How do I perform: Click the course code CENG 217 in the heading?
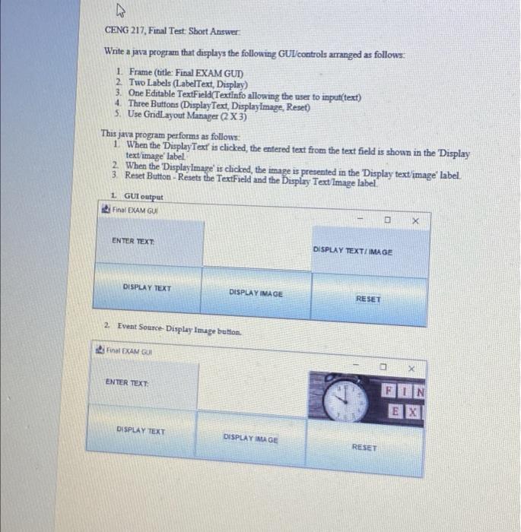point(125,31)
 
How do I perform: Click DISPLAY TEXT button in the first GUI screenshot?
point(147,289)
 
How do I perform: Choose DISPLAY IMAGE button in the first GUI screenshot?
point(255,293)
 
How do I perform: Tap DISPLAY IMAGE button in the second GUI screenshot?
point(251,439)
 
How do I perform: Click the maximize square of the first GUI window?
point(386,219)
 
